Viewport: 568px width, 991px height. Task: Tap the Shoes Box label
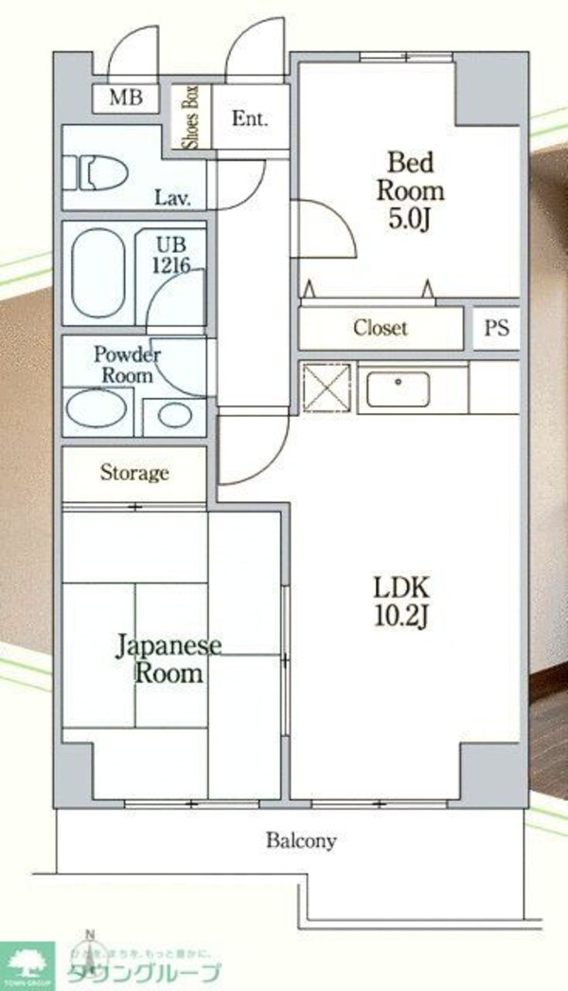pos(189,117)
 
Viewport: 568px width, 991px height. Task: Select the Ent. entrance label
pos(251,119)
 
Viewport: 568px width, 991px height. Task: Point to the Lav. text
pos(174,199)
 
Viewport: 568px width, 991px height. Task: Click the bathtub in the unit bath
pos(98,274)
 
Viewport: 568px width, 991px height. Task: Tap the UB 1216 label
pos(175,254)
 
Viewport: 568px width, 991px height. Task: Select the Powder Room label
pos(128,365)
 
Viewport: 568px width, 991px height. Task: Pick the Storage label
pos(134,472)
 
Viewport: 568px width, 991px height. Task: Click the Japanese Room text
pos(169,660)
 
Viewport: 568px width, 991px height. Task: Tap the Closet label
pos(381,328)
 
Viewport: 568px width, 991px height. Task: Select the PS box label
pos(496,328)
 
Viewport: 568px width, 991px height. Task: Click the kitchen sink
pos(399,390)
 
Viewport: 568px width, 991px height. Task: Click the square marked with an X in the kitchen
pos(326,388)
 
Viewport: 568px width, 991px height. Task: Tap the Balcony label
pos(301,840)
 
